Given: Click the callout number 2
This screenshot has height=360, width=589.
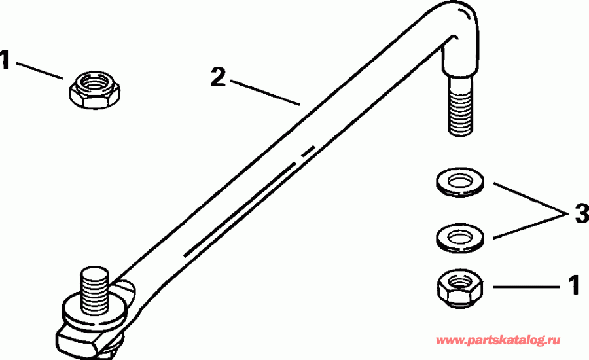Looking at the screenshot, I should pos(219,78).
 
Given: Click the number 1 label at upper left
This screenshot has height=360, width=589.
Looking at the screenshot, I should pos(6,61).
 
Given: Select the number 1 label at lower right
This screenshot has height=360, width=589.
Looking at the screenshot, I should pos(573,285).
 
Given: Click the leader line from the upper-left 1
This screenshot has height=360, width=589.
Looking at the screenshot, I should pos(39,70).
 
